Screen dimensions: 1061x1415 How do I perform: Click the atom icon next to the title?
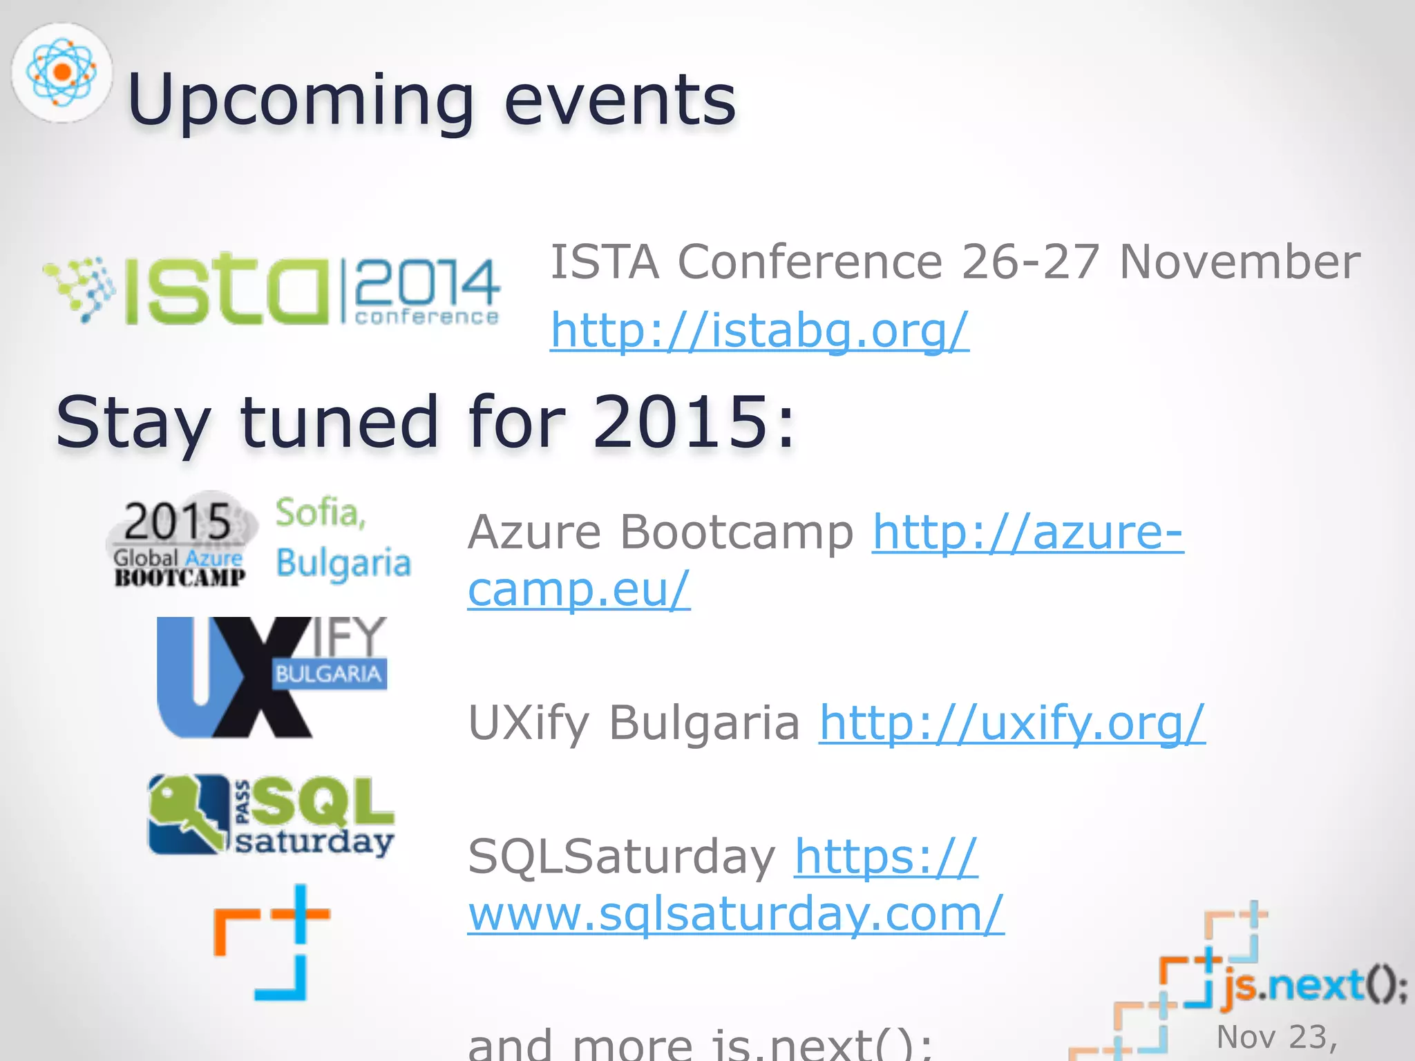tap(61, 72)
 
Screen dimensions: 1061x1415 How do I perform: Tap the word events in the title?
tap(620, 101)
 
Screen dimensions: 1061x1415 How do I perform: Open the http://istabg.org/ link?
tap(759, 330)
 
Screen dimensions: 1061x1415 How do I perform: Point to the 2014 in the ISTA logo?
tap(427, 283)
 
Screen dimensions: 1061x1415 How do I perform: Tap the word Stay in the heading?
tap(133, 423)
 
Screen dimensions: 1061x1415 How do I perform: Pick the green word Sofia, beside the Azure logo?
tap(321, 513)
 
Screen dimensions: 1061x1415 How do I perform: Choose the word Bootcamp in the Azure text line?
tap(737, 533)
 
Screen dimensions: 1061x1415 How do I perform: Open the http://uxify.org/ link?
tap(1012, 723)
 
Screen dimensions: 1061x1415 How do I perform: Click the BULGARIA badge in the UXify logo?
tap(328, 673)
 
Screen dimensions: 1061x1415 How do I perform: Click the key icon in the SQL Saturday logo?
tap(187, 815)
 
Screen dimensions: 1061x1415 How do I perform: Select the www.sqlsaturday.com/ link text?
tap(735, 913)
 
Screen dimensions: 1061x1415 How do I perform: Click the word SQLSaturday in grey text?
tap(622, 857)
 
